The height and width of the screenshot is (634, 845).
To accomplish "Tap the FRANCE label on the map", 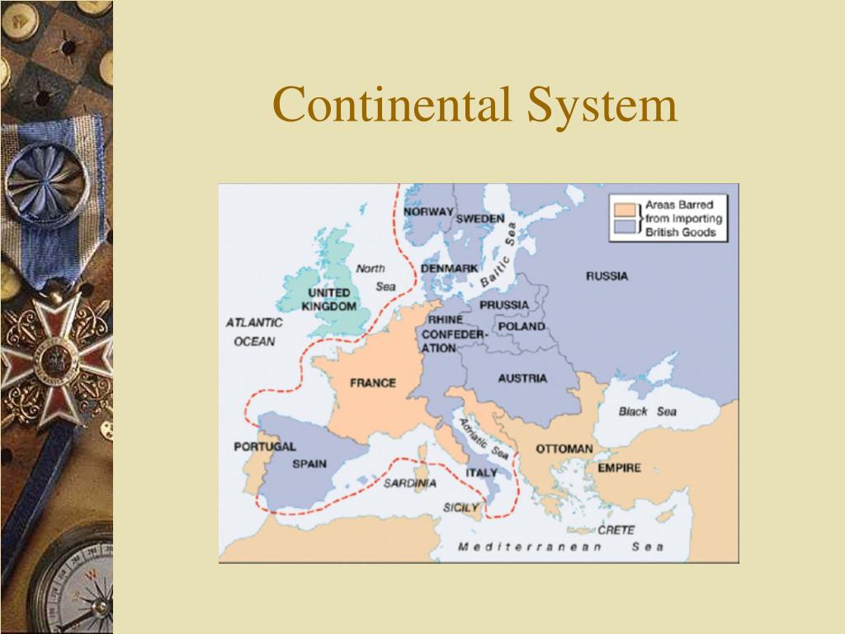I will [x=373, y=383].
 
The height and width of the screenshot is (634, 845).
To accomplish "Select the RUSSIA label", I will [x=607, y=276].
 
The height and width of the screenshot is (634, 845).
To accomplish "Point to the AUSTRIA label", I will [x=522, y=379].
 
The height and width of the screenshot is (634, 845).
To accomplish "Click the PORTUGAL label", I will [x=264, y=447].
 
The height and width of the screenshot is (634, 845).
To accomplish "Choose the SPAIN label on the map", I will [x=309, y=464].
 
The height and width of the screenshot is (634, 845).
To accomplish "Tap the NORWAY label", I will [x=428, y=211].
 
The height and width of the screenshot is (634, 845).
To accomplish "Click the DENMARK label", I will [x=450, y=269].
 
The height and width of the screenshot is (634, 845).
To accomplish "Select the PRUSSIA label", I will [x=504, y=305].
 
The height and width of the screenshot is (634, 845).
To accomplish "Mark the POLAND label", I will [x=522, y=326].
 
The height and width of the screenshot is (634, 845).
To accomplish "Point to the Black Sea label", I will [x=647, y=411].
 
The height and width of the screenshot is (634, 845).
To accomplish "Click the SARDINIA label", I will [x=409, y=483].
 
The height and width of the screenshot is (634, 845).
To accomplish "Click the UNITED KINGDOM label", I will [x=329, y=300].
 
